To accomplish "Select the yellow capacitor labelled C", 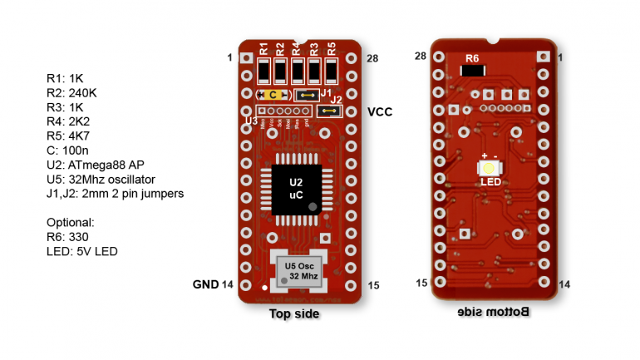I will [x=273, y=95].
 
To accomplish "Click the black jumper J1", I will [x=308, y=95].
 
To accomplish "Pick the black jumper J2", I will [x=329, y=110].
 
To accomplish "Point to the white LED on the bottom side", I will [x=489, y=168].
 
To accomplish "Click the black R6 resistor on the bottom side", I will [x=472, y=71].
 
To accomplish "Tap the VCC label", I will [x=380, y=111].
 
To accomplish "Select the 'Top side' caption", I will [x=294, y=314].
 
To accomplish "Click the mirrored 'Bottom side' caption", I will [x=494, y=313].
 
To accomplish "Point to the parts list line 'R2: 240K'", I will [x=71, y=93].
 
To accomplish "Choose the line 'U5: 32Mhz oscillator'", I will [x=101, y=179].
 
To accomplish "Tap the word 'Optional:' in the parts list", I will [x=70, y=223].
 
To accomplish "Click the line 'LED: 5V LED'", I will [x=81, y=251].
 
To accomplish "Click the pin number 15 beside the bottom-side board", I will [x=421, y=284].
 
